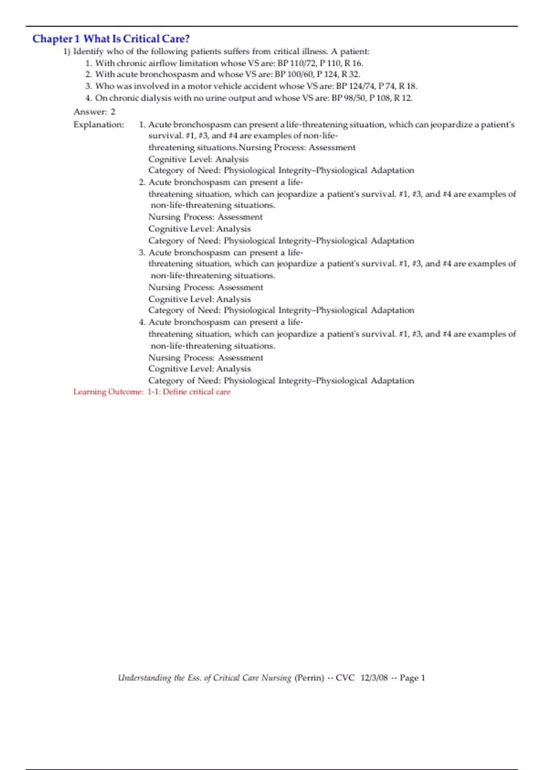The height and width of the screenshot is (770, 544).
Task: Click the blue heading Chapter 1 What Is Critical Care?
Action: (x=111, y=39)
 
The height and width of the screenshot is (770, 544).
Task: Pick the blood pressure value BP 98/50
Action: (x=349, y=98)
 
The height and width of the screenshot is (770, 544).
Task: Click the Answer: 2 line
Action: (x=94, y=111)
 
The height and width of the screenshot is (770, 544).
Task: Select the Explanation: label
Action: (x=98, y=125)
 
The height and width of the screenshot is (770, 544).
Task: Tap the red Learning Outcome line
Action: (x=152, y=392)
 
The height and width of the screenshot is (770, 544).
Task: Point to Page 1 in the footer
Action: (x=413, y=678)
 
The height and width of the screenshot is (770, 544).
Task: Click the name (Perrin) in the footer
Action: (x=309, y=678)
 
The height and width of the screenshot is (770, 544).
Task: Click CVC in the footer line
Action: (x=345, y=678)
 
